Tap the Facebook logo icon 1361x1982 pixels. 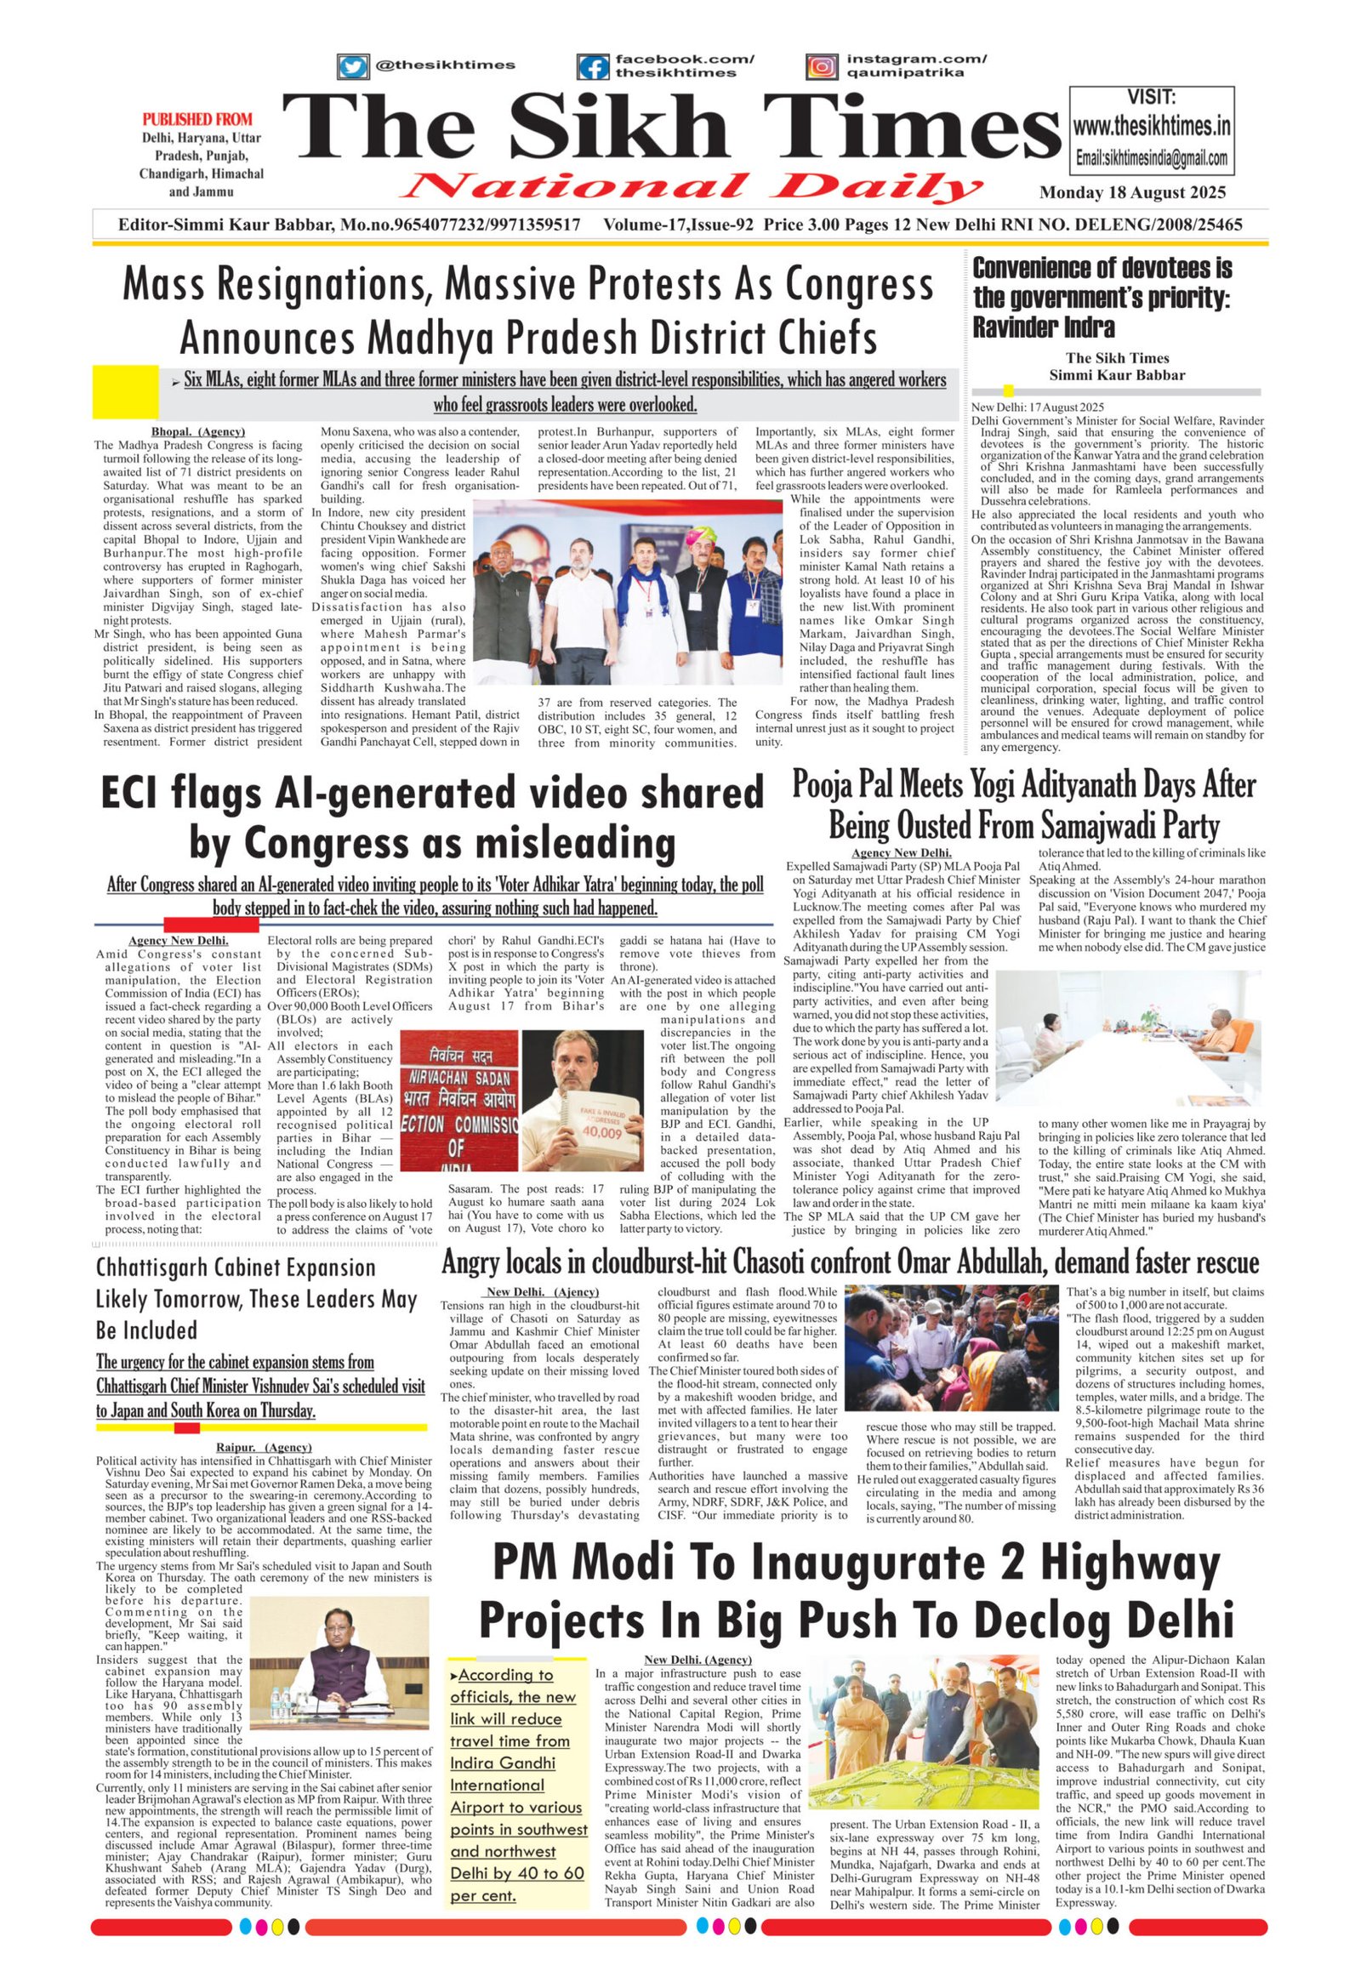tap(593, 66)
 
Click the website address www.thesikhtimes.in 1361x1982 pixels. tap(1151, 127)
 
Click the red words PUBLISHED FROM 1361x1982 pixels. tap(197, 119)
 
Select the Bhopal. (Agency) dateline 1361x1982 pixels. tap(198, 431)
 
